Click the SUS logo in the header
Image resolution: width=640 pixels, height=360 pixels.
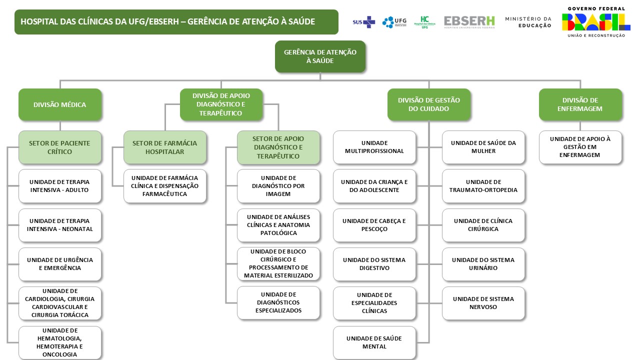pyautogui.click(x=363, y=22)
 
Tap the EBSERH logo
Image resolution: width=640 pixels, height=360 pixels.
pyautogui.click(x=469, y=21)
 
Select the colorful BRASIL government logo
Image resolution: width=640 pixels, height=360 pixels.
pyautogui.click(x=595, y=22)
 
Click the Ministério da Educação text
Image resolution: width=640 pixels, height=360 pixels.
pyautogui.click(x=528, y=22)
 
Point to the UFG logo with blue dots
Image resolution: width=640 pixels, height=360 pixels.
pyautogui.click(x=394, y=22)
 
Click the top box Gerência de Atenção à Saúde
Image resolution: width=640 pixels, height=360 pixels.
pyautogui.click(x=320, y=56)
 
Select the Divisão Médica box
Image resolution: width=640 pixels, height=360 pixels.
pyautogui.click(x=60, y=104)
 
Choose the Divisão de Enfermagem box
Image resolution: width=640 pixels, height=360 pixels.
pyautogui.click(x=580, y=104)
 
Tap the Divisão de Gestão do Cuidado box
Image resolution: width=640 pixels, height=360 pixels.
pyautogui.click(x=428, y=104)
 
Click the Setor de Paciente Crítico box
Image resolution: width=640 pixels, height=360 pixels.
pyautogui.click(x=60, y=147)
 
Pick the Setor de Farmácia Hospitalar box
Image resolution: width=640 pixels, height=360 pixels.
pyautogui.click(x=164, y=147)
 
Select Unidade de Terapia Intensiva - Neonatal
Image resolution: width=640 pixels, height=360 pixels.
pyautogui.click(x=60, y=225)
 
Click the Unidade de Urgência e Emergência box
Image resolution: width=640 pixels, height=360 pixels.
pyautogui.click(x=60, y=264)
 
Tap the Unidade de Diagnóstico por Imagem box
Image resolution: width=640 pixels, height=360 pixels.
pyautogui.click(x=278, y=186)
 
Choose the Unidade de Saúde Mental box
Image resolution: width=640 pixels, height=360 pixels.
pyautogui.click(x=374, y=342)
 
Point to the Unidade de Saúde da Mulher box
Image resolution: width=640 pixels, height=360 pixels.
pyautogui.click(x=483, y=147)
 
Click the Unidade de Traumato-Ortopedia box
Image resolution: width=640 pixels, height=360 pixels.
pyautogui.click(x=483, y=186)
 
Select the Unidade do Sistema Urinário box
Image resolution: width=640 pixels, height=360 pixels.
pyautogui.click(x=483, y=264)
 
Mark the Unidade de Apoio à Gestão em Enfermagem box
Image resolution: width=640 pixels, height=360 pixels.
pyautogui.click(x=580, y=147)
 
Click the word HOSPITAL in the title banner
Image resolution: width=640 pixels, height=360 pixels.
pyautogui.click(x=38, y=22)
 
